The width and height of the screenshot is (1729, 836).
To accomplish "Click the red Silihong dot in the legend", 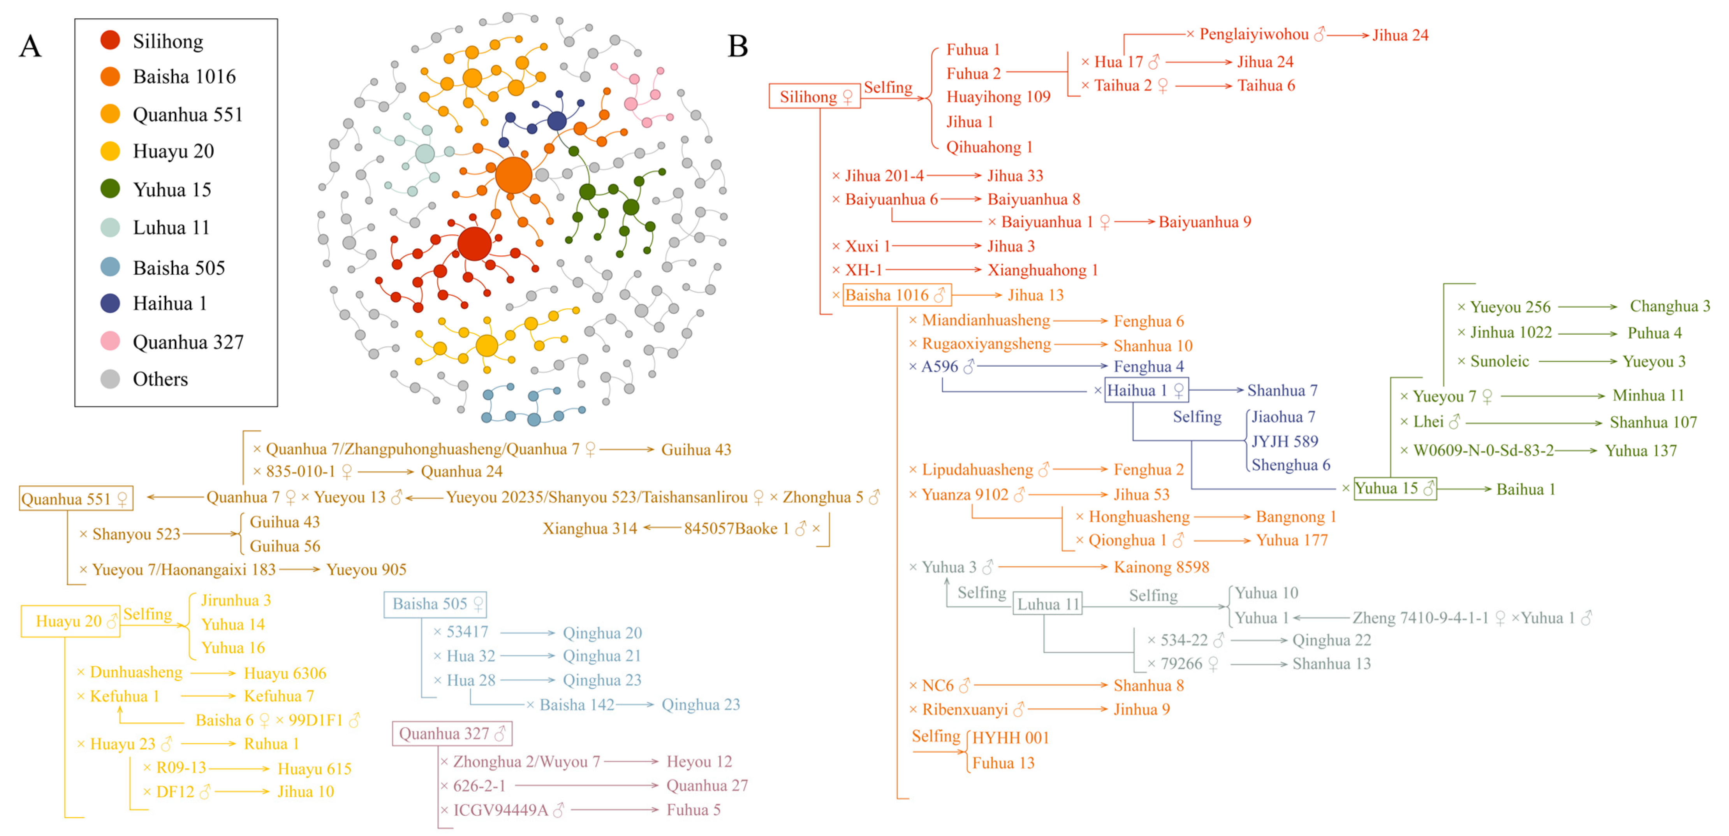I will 110,40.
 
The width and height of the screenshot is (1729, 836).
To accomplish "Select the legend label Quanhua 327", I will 188,342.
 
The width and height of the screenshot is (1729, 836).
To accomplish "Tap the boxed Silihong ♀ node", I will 814,97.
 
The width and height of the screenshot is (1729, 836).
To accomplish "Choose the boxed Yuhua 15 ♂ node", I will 1395,488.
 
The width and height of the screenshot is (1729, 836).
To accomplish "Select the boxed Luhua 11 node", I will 1047,604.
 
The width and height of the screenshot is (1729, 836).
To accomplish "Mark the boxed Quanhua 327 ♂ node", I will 452,733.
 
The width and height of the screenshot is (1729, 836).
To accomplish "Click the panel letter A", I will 30,47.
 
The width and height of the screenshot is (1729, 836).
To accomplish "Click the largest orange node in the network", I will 514,175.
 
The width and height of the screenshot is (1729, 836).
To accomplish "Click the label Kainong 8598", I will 1161,567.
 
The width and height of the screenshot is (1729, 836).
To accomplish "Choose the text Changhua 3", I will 1669,307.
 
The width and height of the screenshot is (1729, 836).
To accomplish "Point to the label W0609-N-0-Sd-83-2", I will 1483,450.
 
